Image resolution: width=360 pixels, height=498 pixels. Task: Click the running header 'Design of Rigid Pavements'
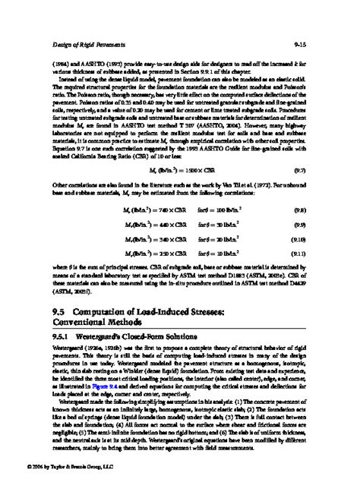point(78,46)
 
